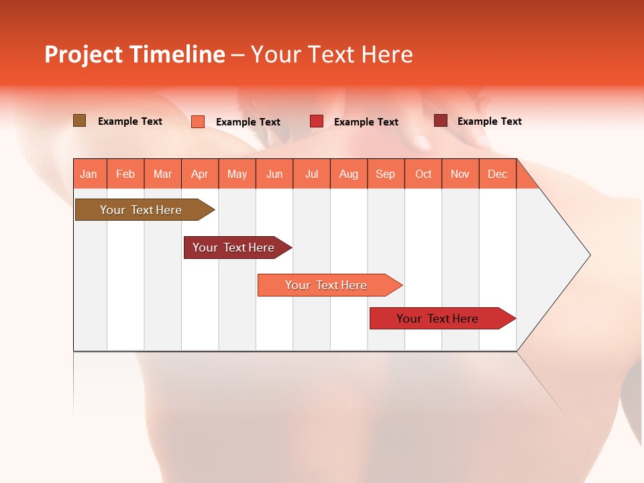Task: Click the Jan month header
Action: click(89, 174)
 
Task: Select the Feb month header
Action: click(125, 174)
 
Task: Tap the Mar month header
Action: click(162, 174)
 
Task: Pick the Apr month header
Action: click(200, 174)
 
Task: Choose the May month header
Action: click(237, 174)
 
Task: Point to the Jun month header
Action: click(274, 174)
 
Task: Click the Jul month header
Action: click(311, 174)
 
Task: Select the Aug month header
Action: click(349, 174)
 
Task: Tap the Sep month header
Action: click(386, 174)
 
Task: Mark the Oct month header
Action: click(423, 174)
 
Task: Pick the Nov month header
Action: click(460, 174)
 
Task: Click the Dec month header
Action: click(497, 174)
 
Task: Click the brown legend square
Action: click(80, 121)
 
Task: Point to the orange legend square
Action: click(198, 121)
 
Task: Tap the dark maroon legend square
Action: click(441, 121)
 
